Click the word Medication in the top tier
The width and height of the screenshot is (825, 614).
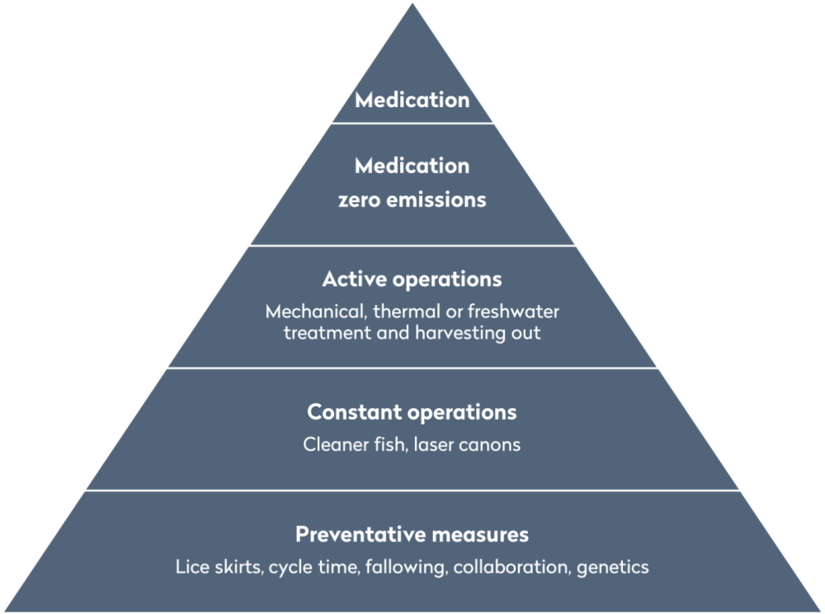click(412, 101)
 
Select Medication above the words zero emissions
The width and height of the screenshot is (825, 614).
click(412, 166)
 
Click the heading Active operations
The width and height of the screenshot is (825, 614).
click(412, 279)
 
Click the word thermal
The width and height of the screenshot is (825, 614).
click(403, 313)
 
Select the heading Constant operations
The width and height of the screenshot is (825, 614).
click(412, 410)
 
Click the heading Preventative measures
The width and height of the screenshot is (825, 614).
click(412, 534)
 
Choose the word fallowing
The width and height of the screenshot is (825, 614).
click(400, 567)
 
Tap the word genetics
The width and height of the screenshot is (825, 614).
click(612, 568)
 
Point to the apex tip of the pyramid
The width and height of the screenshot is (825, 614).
click(412, 3)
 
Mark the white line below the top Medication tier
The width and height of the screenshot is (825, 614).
click(412, 124)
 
